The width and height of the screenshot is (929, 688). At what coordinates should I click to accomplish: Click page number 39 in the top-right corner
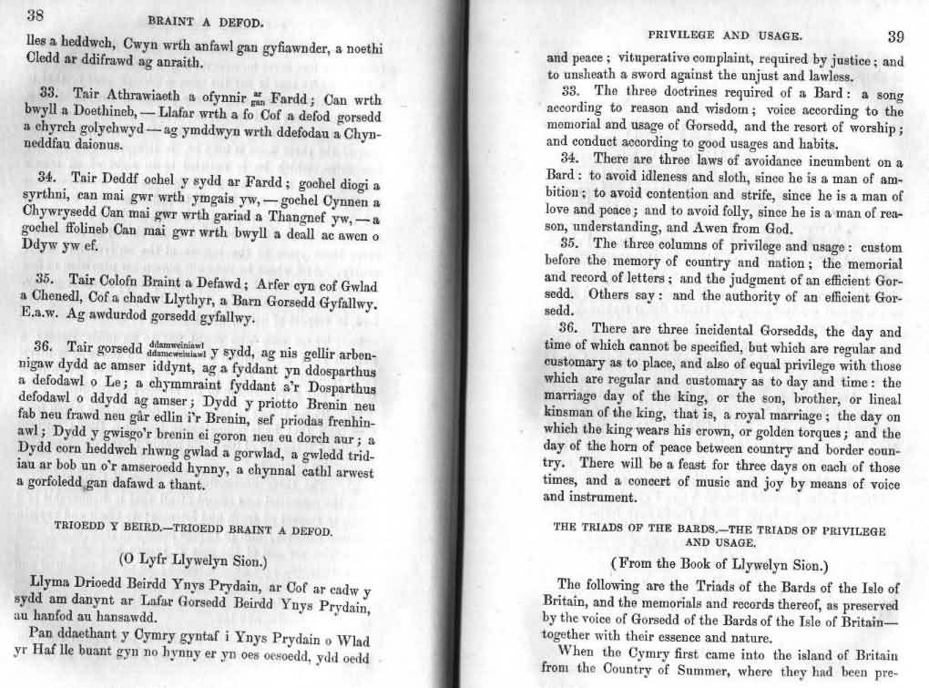pos(894,36)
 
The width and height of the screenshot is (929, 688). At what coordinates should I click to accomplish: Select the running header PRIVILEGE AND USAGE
pos(724,36)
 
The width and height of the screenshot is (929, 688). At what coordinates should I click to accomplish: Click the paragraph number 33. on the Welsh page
pos(49,94)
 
